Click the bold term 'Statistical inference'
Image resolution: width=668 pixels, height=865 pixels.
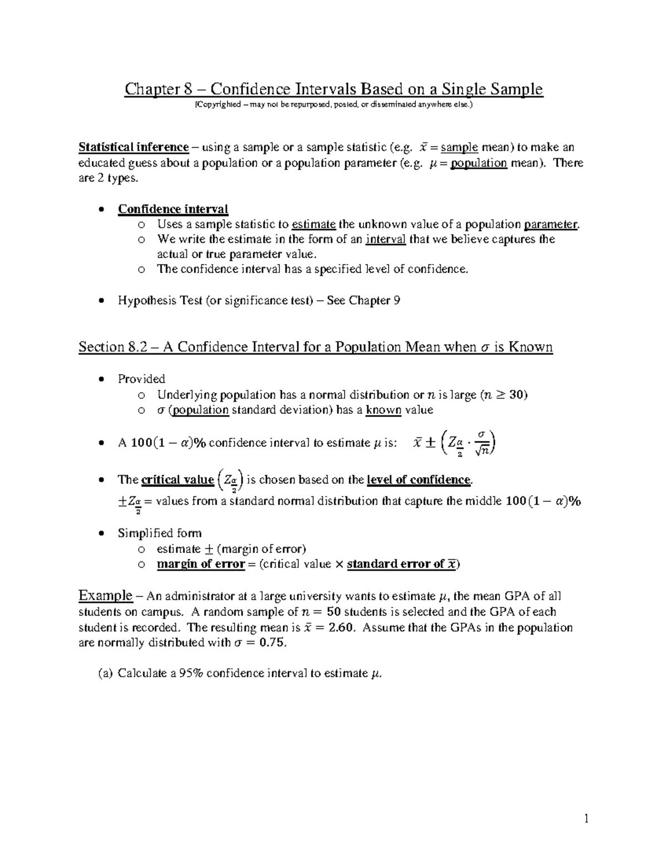point(134,148)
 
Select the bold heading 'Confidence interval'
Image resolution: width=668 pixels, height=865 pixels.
point(173,209)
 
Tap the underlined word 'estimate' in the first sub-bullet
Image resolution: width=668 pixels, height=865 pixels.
point(313,224)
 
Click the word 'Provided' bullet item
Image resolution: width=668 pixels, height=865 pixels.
point(141,379)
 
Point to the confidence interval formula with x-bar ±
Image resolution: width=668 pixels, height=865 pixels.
point(454,443)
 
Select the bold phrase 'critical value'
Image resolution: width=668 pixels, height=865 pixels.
point(178,480)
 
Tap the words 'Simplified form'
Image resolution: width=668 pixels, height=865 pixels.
point(160,533)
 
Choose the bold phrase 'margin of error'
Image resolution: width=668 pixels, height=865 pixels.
point(201,564)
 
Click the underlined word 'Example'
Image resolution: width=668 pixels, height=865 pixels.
point(106,596)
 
